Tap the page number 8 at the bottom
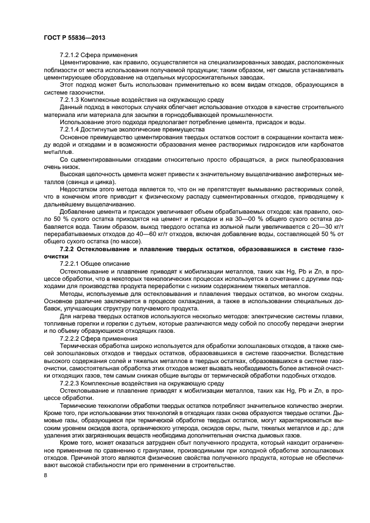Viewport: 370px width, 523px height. tap(45, 475)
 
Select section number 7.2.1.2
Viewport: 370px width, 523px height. tap(71, 55)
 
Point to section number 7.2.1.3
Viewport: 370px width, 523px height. tap(71, 98)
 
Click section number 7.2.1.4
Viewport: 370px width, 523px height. tap(71, 129)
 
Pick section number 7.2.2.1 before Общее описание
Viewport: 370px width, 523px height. tap(71, 262)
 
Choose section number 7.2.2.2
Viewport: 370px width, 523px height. tap(71, 339)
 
